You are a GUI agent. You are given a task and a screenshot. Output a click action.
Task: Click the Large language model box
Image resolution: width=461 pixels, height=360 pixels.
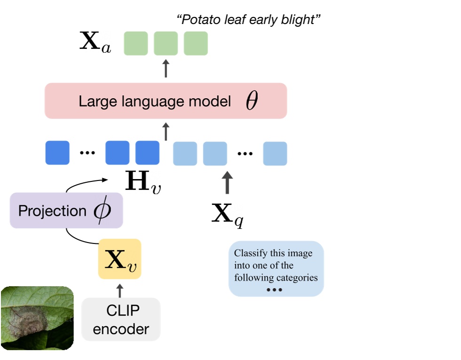[x=166, y=101]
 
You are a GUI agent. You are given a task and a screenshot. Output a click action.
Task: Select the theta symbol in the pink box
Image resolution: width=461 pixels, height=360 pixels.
[x=252, y=101]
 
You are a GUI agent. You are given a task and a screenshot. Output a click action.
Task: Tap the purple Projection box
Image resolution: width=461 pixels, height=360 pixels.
[x=66, y=211]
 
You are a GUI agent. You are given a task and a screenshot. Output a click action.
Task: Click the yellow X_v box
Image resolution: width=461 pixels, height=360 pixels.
[x=119, y=260]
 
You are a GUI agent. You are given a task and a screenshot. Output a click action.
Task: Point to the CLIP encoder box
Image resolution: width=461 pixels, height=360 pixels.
[x=121, y=320]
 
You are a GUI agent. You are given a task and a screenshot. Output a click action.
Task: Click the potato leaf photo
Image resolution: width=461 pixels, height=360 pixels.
[x=37, y=318]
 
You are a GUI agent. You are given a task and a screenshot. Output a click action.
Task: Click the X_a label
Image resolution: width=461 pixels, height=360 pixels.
[x=95, y=43]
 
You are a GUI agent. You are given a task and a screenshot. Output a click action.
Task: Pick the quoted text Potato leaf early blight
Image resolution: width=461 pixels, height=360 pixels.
[x=248, y=20]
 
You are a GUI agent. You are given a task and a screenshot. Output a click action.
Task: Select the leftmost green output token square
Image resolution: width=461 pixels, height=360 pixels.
[x=136, y=43]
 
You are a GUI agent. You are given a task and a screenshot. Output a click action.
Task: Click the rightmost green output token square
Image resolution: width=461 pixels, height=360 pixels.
[x=196, y=43]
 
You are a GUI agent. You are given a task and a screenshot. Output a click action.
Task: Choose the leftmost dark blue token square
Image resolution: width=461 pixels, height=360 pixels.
[x=57, y=153]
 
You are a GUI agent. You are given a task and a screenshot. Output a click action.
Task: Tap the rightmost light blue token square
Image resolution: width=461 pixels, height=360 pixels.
[x=275, y=153]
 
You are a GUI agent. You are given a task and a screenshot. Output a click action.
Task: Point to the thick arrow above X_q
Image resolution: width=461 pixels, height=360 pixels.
[x=227, y=183]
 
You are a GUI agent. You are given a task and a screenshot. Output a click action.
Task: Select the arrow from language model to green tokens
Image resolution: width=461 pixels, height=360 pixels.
[x=166, y=69]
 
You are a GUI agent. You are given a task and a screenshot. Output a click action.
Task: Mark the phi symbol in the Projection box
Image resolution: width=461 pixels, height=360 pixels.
[x=102, y=211]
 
